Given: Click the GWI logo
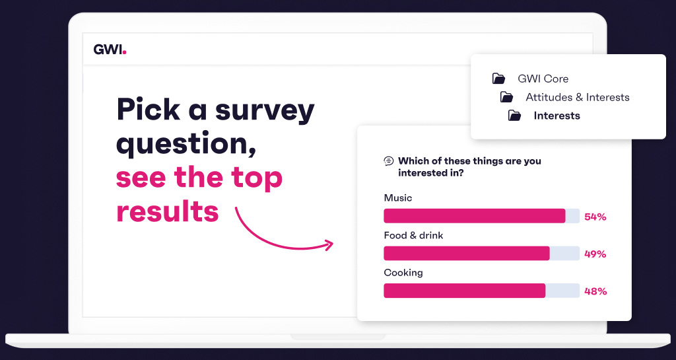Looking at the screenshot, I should [x=109, y=50].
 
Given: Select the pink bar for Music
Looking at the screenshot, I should [x=474, y=216].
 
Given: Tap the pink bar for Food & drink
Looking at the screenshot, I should [x=466, y=253].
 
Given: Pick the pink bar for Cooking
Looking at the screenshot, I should [x=464, y=291].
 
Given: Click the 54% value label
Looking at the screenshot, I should [x=595, y=217].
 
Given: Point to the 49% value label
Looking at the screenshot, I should [x=595, y=254].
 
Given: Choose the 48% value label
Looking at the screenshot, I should [x=595, y=291].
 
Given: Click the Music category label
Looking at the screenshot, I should [x=397, y=198].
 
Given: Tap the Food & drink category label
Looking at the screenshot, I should [x=413, y=235].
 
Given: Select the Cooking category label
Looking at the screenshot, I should [x=403, y=273].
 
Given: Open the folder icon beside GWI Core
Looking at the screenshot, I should [x=498, y=79].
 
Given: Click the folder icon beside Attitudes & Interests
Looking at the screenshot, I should [x=506, y=97].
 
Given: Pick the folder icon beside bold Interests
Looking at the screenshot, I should [x=514, y=116].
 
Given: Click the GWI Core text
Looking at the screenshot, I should [x=543, y=79].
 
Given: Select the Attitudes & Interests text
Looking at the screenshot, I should [x=578, y=97].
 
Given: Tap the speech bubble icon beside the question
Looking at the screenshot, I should [x=389, y=161].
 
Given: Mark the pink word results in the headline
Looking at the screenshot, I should [x=167, y=211].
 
